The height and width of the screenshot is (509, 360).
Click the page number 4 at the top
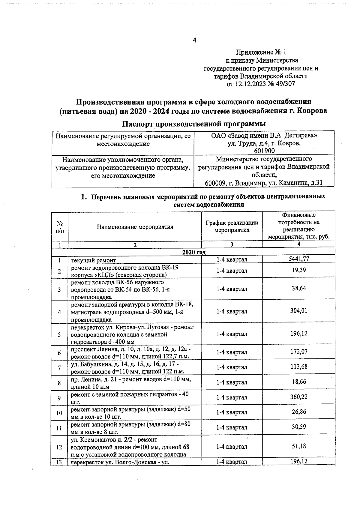pyautogui.click(x=194, y=40)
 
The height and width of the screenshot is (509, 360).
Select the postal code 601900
pyautogui.click(x=264, y=151)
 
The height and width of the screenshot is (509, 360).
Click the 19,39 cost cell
pyautogui.click(x=298, y=270)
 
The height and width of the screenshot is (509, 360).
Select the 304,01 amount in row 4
pyautogui.click(x=298, y=311)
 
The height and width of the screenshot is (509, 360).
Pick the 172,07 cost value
pyautogui.click(x=298, y=352)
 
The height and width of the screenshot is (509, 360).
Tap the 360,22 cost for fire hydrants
pyautogui.click(x=298, y=397)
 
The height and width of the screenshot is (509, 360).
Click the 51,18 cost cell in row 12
pyautogui.click(x=298, y=446)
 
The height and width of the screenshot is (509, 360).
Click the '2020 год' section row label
pyautogui.click(x=194, y=252)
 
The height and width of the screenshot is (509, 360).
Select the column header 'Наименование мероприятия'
pyautogui.click(x=135, y=227)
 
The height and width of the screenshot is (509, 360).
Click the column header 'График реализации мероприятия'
pyautogui.click(x=232, y=226)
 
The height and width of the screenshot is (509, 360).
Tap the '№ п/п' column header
pyautogui.click(x=60, y=227)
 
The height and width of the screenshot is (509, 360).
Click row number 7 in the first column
pyautogui.click(x=59, y=368)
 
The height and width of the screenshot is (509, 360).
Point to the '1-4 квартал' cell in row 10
pyautogui.click(x=232, y=412)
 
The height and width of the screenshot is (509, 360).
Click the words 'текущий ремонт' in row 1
pyautogui.click(x=93, y=260)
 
